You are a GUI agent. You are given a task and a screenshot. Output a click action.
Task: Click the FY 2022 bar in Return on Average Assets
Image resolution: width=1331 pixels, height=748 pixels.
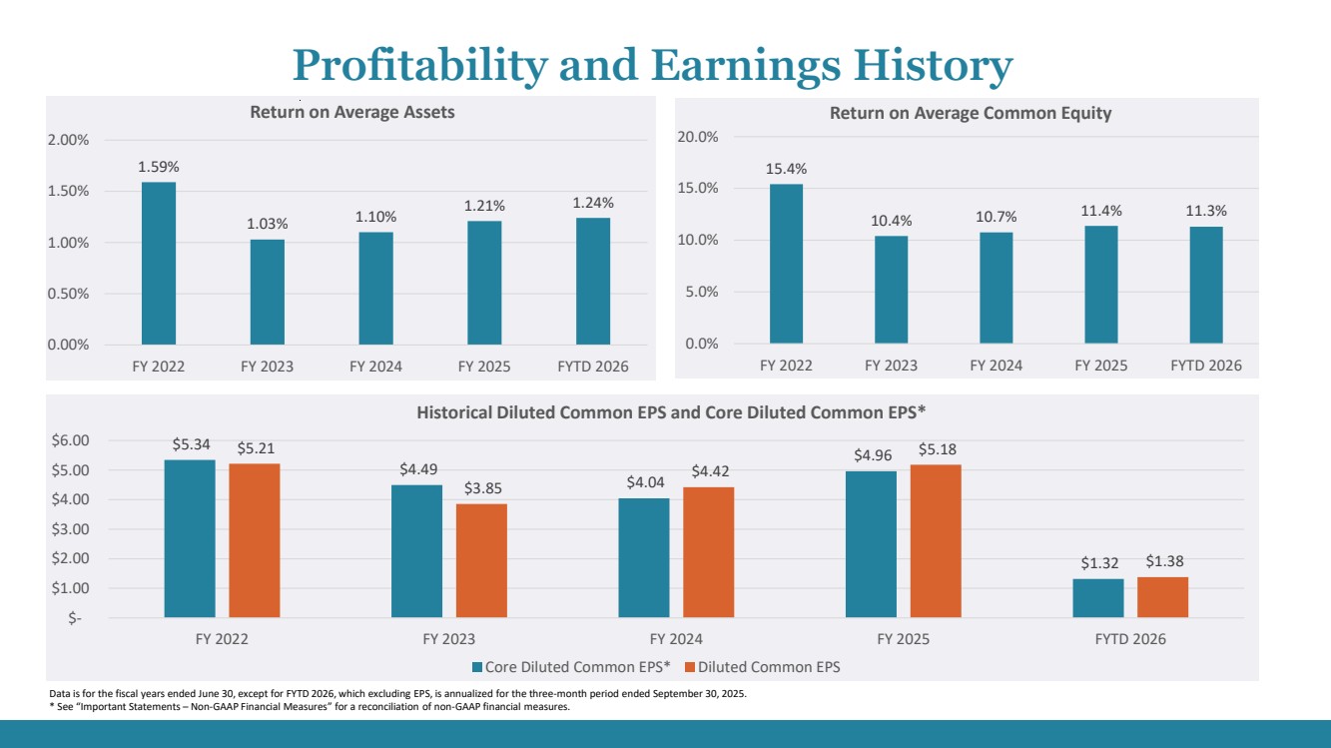coord(159,264)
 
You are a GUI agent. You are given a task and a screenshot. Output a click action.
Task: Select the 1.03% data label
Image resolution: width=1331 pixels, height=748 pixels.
coord(267,224)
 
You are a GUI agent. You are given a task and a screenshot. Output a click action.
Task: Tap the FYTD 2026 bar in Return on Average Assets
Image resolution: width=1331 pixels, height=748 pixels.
coord(593,282)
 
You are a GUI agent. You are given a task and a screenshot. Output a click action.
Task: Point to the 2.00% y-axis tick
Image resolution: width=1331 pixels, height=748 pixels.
coord(69,140)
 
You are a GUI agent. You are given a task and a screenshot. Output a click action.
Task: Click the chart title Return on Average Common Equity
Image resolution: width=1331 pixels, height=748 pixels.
coord(970,114)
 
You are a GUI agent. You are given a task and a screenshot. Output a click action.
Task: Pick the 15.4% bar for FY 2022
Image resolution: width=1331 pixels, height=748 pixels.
coord(786,264)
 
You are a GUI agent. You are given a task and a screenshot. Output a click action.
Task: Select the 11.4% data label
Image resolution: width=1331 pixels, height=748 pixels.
coord(1101,211)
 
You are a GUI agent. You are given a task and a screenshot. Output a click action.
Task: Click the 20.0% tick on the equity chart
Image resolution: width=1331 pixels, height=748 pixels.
coord(698,137)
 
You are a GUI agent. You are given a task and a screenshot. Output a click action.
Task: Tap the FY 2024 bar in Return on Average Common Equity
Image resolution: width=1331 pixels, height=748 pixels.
coord(996,289)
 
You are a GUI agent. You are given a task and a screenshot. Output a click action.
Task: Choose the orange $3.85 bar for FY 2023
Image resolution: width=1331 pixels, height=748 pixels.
coord(481,560)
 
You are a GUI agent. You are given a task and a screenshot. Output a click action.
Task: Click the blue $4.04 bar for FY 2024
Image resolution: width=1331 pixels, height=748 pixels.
coord(644,557)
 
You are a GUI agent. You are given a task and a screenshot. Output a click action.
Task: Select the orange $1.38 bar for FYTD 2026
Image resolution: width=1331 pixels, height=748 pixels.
coord(1162,597)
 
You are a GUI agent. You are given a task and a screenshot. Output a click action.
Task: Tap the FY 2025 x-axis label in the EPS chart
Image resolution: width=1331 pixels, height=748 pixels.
coord(903,639)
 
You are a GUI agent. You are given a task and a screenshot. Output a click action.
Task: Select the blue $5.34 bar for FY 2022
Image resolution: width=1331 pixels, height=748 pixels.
coord(190,538)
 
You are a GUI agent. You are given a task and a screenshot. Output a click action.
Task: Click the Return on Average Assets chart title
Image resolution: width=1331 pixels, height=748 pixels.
coord(351,112)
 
